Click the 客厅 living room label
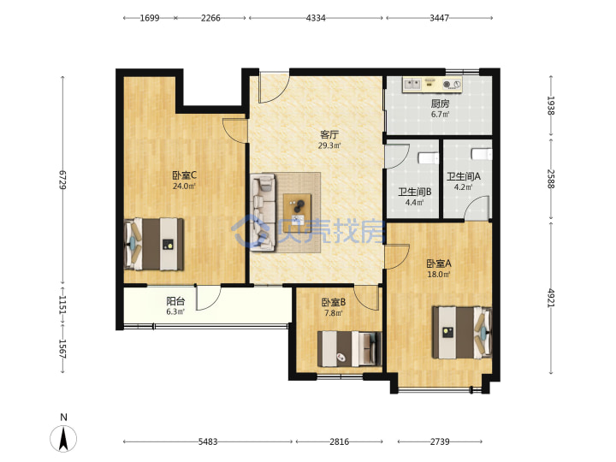(329, 135)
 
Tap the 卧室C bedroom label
(184, 175)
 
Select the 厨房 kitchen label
(440, 104)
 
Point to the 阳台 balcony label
(175, 301)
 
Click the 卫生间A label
(463, 177)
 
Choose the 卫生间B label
(414, 192)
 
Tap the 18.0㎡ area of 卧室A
(438, 275)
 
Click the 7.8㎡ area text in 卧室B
(333, 313)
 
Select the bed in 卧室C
(154, 244)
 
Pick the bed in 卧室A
(462, 332)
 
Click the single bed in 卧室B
(349, 349)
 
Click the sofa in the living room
(264, 212)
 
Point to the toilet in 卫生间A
(481, 154)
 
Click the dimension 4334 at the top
(316, 18)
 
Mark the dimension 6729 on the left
(62, 180)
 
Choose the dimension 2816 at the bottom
(339, 441)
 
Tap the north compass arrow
(63, 438)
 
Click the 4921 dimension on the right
(551, 299)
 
